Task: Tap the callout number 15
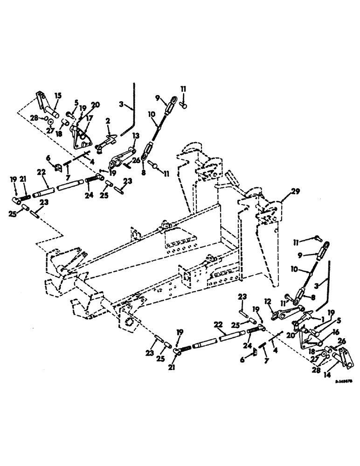click(57, 96)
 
